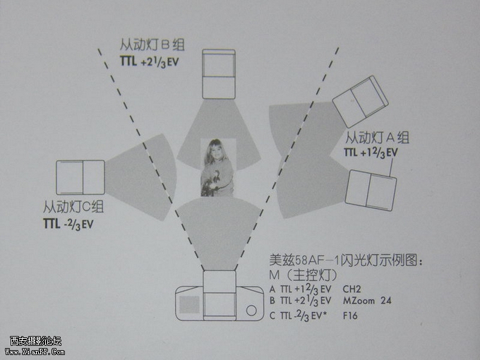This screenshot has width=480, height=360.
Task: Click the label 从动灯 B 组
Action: coord(152,44)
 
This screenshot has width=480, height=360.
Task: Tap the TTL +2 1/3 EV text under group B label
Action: coord(149,62)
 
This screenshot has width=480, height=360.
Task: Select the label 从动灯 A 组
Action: coord(377,138)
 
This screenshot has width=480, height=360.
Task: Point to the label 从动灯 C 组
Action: coord(73,207)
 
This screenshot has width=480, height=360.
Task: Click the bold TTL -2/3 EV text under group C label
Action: coord(68,224)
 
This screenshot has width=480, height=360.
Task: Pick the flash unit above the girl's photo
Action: coord(219,74)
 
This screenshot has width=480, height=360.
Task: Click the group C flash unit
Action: coord(80,178)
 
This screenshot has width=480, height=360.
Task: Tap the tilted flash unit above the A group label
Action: coord(360,102)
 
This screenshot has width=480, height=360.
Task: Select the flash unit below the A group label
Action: coord(371,191)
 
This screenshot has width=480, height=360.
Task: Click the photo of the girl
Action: coord(217,167)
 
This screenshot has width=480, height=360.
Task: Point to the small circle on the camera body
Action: coord(251,311)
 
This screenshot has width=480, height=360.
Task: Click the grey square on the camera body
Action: coord(189,305)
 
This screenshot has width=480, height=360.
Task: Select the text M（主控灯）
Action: coord(303,275)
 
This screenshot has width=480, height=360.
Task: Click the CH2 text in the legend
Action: coord(352,289)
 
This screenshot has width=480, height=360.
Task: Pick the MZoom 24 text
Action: coord(367,301)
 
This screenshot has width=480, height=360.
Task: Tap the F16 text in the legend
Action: coord(350,316)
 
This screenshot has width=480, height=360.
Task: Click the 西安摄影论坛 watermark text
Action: coord(35,341)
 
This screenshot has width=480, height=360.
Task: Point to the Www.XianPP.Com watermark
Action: coord(35,352)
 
